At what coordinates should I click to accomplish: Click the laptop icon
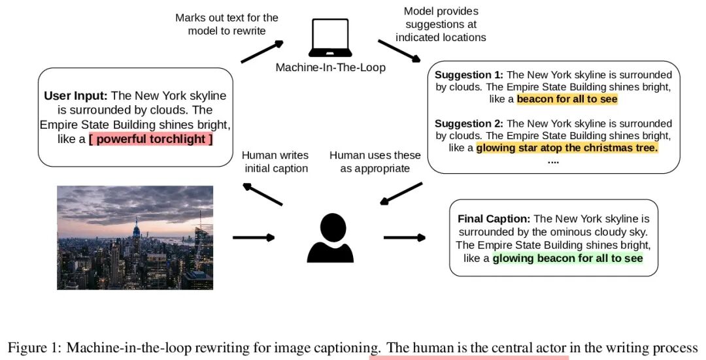click(x=331, y=38)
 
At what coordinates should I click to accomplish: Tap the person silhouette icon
click(x=331, y=238)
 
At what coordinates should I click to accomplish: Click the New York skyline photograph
click(x=135, y=238)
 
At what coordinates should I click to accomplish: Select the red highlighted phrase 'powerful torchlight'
click(x=150, y=139)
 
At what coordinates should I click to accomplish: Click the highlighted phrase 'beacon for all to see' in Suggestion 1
click(x=567, y=99)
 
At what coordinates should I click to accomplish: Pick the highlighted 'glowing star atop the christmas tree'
click(x=567, y=148)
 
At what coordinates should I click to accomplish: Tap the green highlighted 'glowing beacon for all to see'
click(x=568, y=258)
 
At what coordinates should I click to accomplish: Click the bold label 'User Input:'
click(x=76, y=96)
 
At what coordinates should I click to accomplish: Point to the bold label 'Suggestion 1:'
click(x=469, y=74)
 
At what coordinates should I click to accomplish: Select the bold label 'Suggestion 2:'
click(x=469, y=123)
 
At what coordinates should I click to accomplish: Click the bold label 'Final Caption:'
click(x=494, y=219)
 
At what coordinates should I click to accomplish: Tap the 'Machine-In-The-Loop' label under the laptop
click(x=331, y=67)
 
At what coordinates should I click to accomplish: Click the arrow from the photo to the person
click(x=254, y=237)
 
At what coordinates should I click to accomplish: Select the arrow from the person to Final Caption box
click(x=405, y=237)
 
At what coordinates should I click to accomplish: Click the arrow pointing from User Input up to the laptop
click(x=262, y=52)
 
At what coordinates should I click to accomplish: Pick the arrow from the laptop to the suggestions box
click(x=399, y=51)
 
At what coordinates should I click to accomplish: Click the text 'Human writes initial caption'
click(x=276, y=162)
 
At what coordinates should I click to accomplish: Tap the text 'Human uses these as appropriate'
click(x=375, y=162)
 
